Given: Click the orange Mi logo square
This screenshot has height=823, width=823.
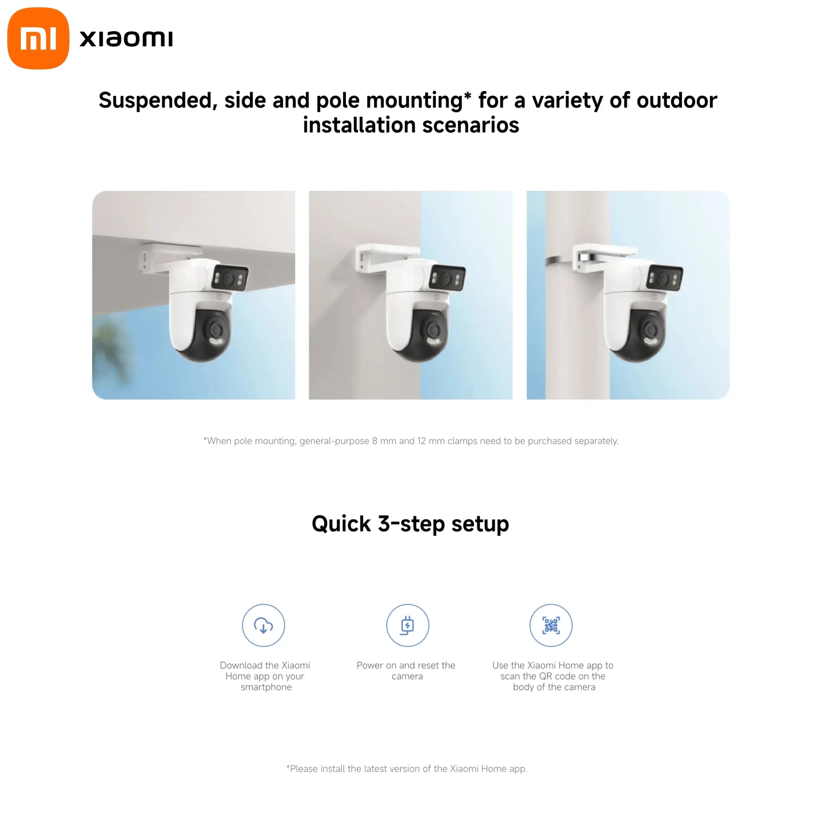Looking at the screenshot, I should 38,38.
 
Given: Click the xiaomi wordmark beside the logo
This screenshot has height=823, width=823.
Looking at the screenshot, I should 126,39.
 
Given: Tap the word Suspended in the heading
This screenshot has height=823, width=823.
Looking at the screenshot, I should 158,101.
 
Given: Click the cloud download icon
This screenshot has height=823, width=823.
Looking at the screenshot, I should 263,625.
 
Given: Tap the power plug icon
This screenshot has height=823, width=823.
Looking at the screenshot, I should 407,625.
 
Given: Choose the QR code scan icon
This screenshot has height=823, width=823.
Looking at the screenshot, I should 551,625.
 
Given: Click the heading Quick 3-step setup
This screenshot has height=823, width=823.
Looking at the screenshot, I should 411,524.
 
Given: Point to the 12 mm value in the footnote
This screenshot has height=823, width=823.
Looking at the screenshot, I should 427,441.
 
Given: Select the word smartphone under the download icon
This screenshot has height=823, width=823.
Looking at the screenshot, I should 266,687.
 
